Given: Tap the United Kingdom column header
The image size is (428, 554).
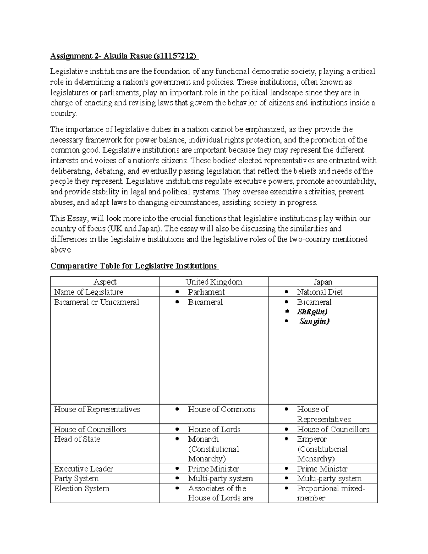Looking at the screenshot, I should click(214, 282).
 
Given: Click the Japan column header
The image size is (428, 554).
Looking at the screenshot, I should click(323, 282).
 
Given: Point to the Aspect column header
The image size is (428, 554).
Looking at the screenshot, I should click(105, 282).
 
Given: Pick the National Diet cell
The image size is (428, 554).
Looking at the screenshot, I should click(320, 292).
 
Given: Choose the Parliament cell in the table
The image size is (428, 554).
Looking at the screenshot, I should click(206, 292).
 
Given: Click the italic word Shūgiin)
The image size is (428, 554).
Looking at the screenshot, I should click(312, 311).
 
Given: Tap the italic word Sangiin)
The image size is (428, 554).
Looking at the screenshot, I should click(314, 321).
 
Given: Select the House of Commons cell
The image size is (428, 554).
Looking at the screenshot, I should click(221, 409).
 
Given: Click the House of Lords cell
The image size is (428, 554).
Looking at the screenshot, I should click(214, 430).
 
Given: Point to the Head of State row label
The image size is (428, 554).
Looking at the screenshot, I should click(77, 439).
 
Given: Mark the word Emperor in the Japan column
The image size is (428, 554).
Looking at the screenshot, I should click(312, 439).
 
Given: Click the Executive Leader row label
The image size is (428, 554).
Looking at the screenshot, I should click(83, 469).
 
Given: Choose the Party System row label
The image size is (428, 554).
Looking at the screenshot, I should click(76, 478).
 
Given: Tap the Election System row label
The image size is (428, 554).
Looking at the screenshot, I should click(82, 488).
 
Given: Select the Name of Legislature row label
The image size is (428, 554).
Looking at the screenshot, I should click(88, 292).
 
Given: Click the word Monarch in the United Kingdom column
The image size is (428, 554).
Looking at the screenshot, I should click(203, 439).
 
